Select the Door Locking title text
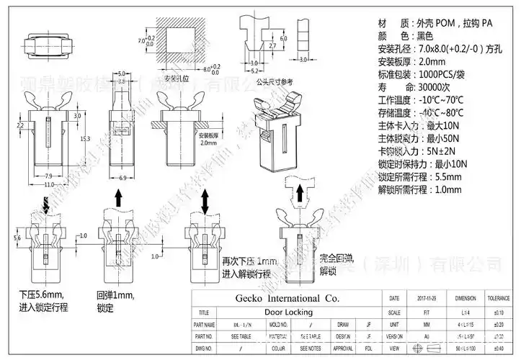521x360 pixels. click(288, 312)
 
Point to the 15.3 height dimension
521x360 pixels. click(84, 138)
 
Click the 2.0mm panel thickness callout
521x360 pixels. click(208, 143)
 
